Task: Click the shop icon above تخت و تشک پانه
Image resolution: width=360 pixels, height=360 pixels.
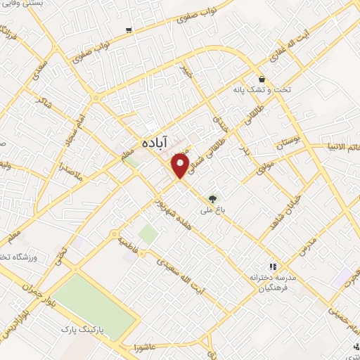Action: click(262, 79)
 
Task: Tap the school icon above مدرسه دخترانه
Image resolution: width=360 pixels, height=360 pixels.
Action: click(274, 266)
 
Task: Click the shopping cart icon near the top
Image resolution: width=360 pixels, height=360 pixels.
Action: click(128, 30)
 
